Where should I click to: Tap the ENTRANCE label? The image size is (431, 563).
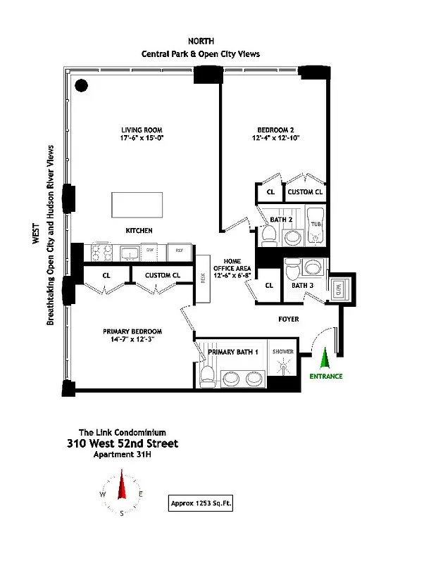(326, 377)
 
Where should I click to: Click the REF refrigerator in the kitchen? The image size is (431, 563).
(180, 251)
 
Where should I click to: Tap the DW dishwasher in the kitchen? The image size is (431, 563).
(150, 251)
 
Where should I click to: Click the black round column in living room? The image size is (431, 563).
(82, 86)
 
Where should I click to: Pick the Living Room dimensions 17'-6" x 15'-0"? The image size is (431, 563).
(139, 139)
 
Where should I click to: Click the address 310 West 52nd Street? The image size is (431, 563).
(123, 443)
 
